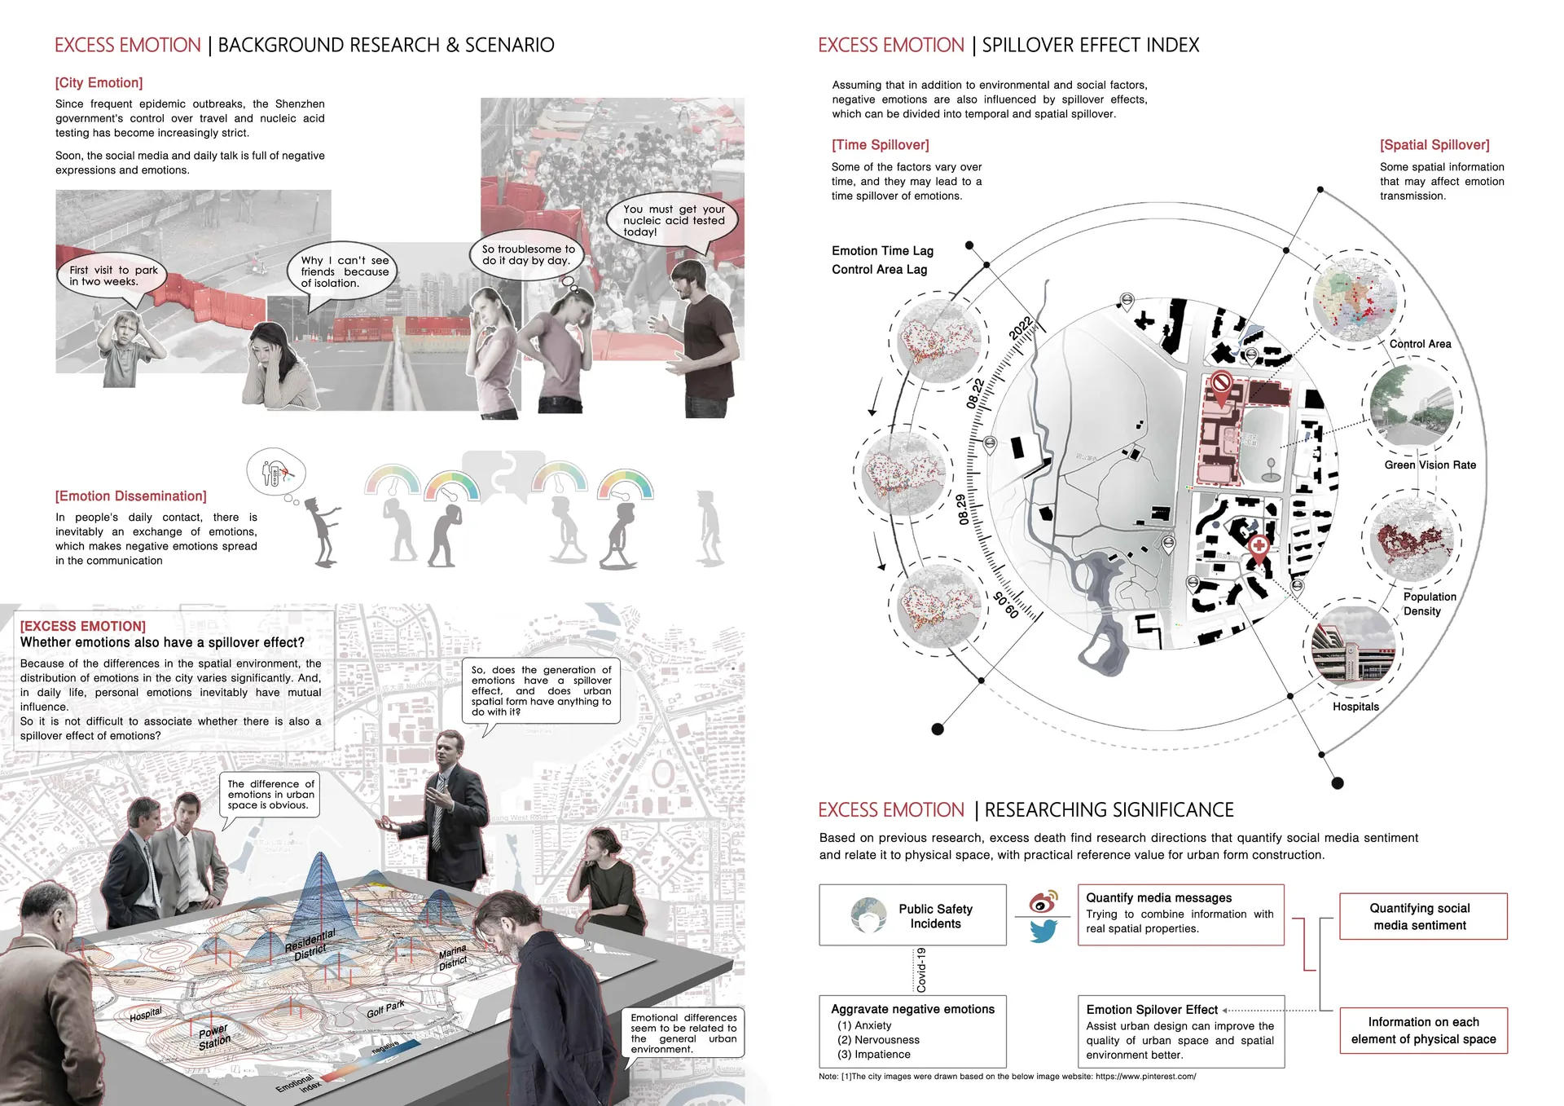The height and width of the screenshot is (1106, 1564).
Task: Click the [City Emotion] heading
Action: (99, 83)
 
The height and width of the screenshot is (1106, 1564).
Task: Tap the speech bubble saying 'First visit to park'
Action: (113, 275)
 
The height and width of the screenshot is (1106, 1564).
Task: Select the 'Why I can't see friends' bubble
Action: (344, 271)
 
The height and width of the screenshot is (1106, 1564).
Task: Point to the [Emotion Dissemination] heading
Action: (130, 496)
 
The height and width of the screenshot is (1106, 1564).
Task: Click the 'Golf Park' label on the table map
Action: (385, 1010)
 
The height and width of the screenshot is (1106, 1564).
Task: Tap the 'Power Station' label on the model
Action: (214, 1038)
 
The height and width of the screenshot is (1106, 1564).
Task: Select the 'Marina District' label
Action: (452, 958)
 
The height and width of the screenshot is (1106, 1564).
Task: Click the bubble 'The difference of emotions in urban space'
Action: (270, 795)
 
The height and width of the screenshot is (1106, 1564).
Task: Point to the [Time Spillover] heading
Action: (880, 145)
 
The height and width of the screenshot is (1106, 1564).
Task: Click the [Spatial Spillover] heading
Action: (1434, 145)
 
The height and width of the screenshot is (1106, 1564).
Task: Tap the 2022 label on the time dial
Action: (1021, 328)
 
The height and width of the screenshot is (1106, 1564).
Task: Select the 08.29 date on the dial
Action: (963, 509)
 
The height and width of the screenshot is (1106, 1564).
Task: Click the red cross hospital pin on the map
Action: (1259, 547)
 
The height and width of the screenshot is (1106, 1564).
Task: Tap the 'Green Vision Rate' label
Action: (1430, 465)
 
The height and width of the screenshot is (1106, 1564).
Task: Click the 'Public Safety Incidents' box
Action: (912, 915)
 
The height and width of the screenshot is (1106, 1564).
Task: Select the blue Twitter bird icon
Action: (1043, 930)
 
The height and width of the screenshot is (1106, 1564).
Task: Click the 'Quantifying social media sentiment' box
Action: (1422, 916)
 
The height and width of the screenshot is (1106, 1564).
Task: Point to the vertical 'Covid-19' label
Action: (921, 970)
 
